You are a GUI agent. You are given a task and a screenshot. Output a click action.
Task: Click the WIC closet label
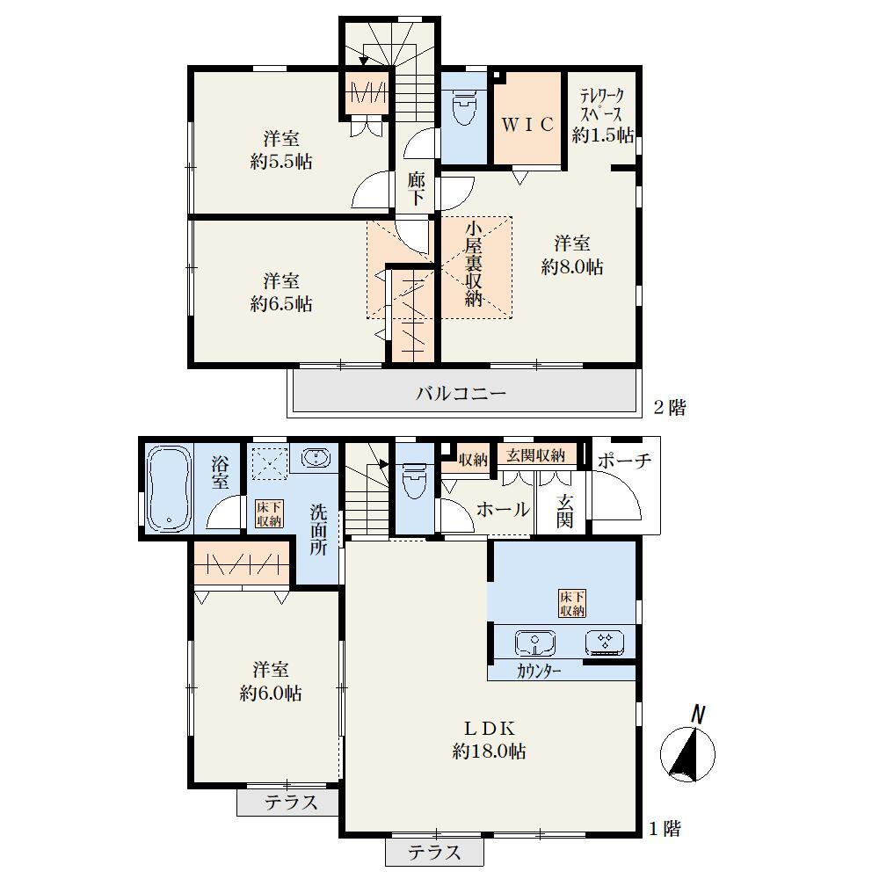527,124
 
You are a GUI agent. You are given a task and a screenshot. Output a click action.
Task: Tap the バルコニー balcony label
461,393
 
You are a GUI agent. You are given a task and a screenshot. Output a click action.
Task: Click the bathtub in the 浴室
169,490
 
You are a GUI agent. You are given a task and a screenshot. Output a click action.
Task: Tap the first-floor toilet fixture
415,481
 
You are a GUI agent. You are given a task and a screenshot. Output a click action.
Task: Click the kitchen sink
534,643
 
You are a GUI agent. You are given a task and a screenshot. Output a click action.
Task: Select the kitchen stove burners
605,643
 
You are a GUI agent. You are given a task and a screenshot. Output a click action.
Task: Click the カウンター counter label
539,671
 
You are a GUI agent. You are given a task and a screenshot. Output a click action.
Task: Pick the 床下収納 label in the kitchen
572,603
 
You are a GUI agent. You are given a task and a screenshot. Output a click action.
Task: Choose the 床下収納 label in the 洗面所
268,514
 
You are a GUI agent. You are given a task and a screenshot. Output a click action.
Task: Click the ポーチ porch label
624,461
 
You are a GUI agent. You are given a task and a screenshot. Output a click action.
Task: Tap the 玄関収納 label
535,455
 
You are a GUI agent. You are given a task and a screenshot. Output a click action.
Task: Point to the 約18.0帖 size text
489,752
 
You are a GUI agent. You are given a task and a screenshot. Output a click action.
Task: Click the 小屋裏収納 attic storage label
474,264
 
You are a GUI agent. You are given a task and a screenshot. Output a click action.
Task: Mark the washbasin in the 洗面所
316,458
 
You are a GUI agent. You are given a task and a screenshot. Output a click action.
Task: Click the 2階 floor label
670,408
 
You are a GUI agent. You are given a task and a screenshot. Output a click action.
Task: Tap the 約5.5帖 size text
281,162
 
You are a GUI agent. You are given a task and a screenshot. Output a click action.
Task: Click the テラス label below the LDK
434,852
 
